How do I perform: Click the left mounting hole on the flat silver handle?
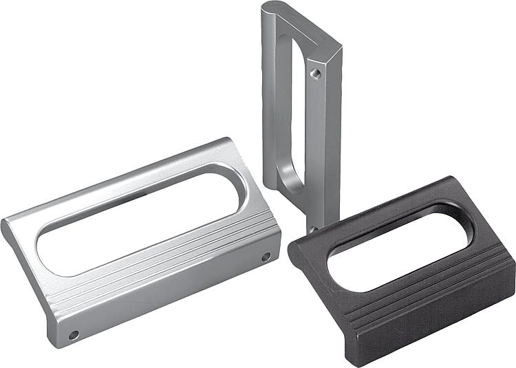click(73, 335)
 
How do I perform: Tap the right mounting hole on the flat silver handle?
click(266, 257)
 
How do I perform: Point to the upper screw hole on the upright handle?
click(315, 72)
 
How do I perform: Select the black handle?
click(406, 275)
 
